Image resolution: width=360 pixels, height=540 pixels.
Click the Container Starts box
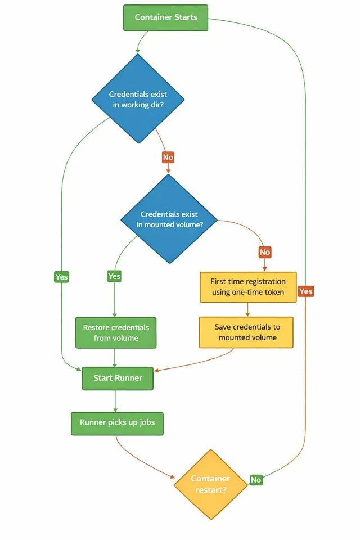166,17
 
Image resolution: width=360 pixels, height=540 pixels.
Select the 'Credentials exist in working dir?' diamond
138,98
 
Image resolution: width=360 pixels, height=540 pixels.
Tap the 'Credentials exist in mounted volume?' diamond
169,218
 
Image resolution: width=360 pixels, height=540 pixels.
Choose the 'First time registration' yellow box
248,287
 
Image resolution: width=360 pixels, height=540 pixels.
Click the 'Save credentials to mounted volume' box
246,332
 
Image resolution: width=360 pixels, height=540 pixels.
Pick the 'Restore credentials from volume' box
116,332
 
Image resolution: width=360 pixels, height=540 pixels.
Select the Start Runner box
118,378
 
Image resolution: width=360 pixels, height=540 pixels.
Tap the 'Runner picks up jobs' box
117,423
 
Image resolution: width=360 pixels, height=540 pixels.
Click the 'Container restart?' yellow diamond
210,484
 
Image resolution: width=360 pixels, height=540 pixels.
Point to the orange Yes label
306,291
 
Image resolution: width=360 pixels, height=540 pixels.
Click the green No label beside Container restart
256,480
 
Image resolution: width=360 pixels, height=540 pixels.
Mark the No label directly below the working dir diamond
168,157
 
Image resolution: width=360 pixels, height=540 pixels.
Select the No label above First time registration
264,253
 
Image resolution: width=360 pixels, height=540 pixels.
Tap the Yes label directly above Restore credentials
114,276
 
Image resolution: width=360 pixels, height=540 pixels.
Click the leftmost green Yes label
61,277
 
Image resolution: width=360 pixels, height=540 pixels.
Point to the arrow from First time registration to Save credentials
247,310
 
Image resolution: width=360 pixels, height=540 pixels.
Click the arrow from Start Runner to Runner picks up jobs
115,401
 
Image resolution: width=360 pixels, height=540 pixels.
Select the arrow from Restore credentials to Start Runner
115,358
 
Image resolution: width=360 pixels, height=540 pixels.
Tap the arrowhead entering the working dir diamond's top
138,51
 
